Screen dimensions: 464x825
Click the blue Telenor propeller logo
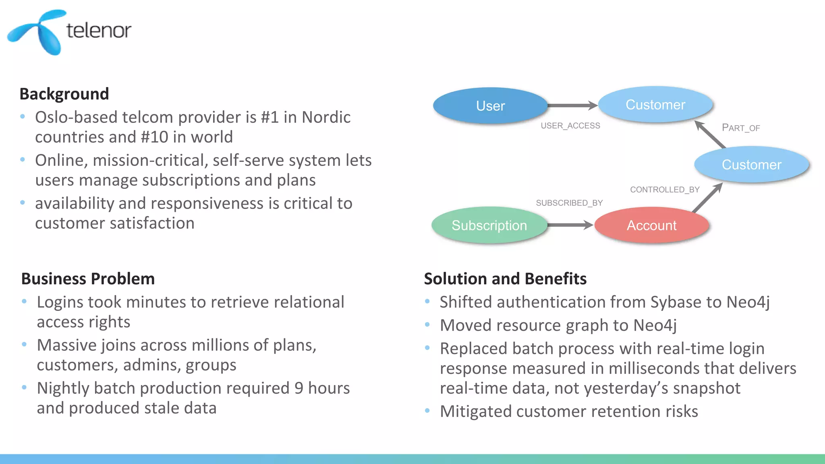pyautogui.click(x=38, y=32)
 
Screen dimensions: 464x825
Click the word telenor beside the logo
pyautogui.click(x=99, y=31)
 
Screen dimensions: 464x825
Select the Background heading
pyautogui.click(x=64, y=94)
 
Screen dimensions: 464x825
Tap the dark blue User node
pyautogui.click(x=490, y=106)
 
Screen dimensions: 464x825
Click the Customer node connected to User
pyautogui.click(x=655, y=105)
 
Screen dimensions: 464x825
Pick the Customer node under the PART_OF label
pyautogui.click(x=751, y=165)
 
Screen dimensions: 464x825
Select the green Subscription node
pyautogui.click(x=489, y=225)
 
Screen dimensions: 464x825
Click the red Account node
pyautogui.click(x=651, y=225)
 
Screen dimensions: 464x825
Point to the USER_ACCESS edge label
pyautogui.click(x=570, y=126)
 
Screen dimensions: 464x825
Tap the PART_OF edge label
pyautogui.click(x=740, y=128)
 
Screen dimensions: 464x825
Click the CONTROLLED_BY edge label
pyautogui.click(x=665, y=190)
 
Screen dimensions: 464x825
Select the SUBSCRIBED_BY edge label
pyautogui.click(x=569, y=203)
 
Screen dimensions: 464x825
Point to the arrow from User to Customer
pyautogui.click(x=572, y=106)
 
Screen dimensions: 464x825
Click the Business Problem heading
pyautogui.click(x=88, y=279)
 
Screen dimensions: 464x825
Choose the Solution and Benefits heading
pyautogui.click(x=505, y=279)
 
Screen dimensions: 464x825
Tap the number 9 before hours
pyautogui.click(x=298, y=388)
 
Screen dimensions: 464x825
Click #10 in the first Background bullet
pyautogui.click(x=154, y=137)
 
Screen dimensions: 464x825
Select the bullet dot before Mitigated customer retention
pyautogui.click(x=427, y=411)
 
